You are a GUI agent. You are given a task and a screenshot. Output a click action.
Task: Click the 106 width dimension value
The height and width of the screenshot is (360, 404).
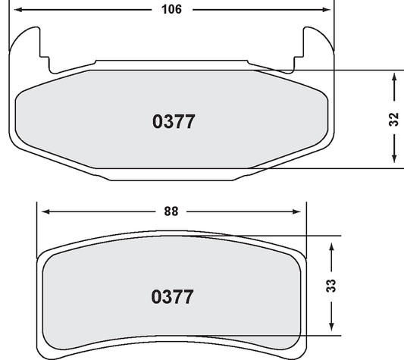(171, 10)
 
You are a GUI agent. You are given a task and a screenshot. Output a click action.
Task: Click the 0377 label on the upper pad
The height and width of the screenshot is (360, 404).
(174, 122)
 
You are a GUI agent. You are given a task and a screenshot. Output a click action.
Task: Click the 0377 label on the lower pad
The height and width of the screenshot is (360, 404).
(172, 296)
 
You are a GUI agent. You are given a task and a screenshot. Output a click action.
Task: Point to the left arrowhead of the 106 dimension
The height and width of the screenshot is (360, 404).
(17, 10)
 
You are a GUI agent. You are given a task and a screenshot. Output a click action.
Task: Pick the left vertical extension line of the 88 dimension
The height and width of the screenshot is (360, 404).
(37, 227)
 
